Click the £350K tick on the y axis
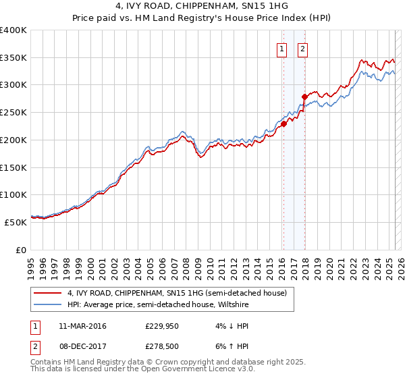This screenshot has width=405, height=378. [13, 58]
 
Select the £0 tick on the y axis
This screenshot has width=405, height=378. [22, 249]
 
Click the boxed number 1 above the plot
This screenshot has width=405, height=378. [281, 49]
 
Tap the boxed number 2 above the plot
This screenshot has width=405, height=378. [303, 49]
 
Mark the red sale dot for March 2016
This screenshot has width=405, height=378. [284, 124]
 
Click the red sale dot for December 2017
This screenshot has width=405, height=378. [305, 97]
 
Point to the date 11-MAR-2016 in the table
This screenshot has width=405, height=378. [82, 326]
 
